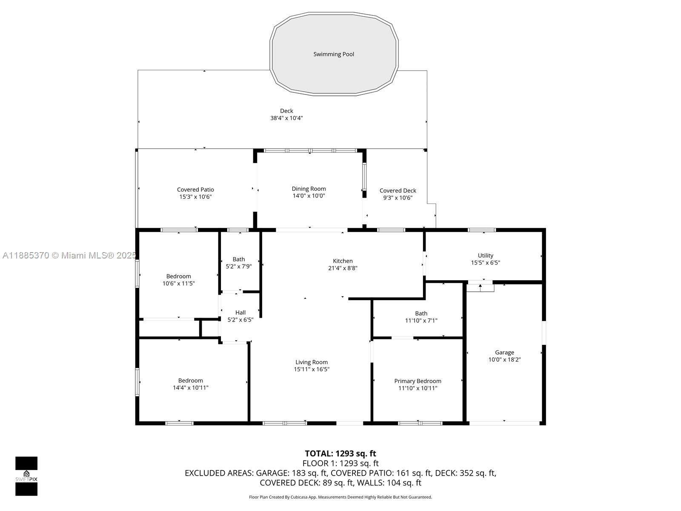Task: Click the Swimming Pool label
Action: click(x=334, y=55)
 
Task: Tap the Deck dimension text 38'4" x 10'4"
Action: click(x=286, y=118)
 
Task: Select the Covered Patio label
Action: click(x=195, y=189)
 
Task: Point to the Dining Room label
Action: click(x=309, y=189)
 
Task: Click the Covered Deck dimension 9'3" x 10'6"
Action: click(x=398, y=198)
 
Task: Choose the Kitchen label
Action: click(x=343, y=261)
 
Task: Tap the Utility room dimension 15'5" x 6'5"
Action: click(x=486, y=262)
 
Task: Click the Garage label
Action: click(x=504, y=353)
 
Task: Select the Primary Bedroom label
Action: click(x=418, y=381)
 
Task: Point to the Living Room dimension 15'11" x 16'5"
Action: click(x=312, y=369)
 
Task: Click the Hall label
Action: click(x=240, y=313)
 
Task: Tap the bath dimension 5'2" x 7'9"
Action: click(x=239, y=266)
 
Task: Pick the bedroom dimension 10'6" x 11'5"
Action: click(x=178, y=283)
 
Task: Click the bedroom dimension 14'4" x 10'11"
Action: click(x=191, y=388)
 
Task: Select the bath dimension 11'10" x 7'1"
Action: click(x=421, y=321)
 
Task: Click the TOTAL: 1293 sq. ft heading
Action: click(x=340, y=454)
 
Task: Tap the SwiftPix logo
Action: click(x=26, y=476)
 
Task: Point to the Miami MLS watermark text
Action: click(x=69, y=255)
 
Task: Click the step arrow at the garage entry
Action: click(x=480, y=287)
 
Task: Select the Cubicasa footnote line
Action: click(x=340, y=497)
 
